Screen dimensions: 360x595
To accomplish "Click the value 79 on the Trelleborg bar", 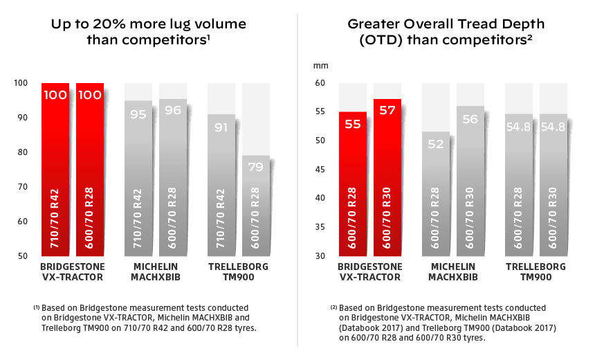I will (x=256, y=166).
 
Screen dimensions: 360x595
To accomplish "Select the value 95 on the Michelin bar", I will (x=138, y=114).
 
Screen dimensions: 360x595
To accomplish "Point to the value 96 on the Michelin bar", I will (x=172, y=110).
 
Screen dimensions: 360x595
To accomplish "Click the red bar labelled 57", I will (x=387, y=180).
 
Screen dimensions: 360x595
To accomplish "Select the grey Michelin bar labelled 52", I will (x=436, y=194).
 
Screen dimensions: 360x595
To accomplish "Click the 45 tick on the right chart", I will (x=320, y=170).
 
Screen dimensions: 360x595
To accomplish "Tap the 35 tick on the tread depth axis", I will (x=320, y=227).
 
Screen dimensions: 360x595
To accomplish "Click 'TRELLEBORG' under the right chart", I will (x=535, y=267).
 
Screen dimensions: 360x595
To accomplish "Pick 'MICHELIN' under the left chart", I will (x=154, y=267).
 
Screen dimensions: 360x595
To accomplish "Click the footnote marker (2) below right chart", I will (x=333, y=306).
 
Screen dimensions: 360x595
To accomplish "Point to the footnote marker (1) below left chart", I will (x=36, y=306).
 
